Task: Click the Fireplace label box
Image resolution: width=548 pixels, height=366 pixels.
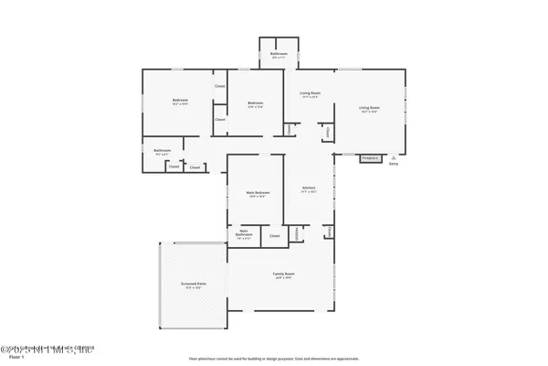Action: (x=370, y=158)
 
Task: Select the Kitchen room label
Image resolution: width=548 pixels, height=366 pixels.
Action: (x=309, y=189)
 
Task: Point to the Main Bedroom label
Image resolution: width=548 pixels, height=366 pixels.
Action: (x=258, y=194)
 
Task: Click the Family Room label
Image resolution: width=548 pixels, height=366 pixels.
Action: (x=284, y=275)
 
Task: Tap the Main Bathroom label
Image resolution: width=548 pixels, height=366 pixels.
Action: (x=244, y=234)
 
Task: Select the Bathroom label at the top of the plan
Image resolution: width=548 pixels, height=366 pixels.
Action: (x=279, y=55)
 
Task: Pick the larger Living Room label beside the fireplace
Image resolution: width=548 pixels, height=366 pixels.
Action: (x=369, y=110)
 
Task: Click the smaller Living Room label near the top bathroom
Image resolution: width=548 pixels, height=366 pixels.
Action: (x=310, y=94)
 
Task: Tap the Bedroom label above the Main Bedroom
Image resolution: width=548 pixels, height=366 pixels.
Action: (x=256, y=104)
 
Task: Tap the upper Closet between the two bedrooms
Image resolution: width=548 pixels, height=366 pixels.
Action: (x=220, y=87)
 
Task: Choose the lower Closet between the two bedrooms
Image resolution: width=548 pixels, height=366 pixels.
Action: (x=220, y=120)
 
